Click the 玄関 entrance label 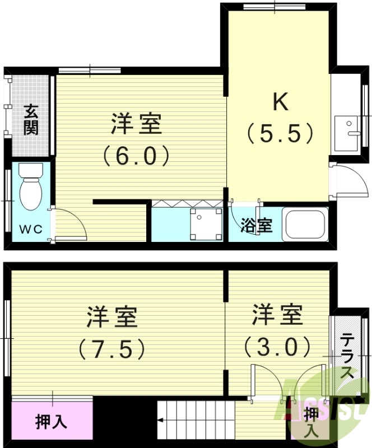[31, 119]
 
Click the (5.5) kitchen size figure [278, 133]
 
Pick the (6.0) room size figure [136, 155]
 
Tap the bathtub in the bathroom [305, 224]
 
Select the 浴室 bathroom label [257, 226]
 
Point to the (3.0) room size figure [277, 347]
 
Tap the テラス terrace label [347, 356]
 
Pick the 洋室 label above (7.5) [112, 318]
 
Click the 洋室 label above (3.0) [277, 315]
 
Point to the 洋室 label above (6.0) [136, 124]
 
